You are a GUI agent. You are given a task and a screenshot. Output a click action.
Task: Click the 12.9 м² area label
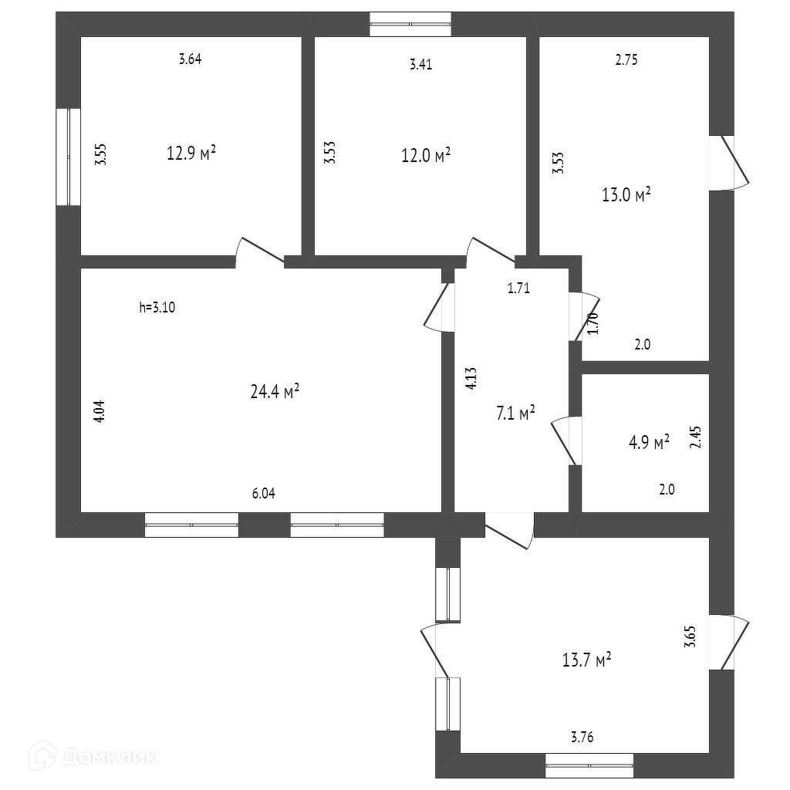click(x=191, y=152)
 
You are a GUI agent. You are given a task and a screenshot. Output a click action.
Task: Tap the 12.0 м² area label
click(x=425, y=156)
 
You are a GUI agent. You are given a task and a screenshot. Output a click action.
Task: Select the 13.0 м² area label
click(x=626, y=194)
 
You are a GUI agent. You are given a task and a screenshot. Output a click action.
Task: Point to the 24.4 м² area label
click(x=275, y=391)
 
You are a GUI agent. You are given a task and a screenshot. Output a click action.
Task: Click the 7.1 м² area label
click(x=515, y=414)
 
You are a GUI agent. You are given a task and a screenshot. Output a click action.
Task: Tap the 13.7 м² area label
click(x=587, y=660)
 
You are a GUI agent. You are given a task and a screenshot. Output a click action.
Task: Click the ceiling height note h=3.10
click(x=158, y=307)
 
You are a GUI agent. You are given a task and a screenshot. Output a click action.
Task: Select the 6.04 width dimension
click(x=263, y=494)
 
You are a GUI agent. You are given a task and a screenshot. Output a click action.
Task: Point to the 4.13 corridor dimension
click(x=472, y=380)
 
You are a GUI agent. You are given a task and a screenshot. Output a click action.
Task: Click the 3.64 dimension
click(x=190, y=59)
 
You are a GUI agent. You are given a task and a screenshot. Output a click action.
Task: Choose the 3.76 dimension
click(x=582, y=737)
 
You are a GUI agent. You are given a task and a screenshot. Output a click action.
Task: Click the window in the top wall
click(x=410, y=24)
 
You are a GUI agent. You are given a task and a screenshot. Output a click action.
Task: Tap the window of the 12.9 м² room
click(x=69, y=157)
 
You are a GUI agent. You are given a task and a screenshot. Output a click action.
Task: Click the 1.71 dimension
click(x=518, y=289)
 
